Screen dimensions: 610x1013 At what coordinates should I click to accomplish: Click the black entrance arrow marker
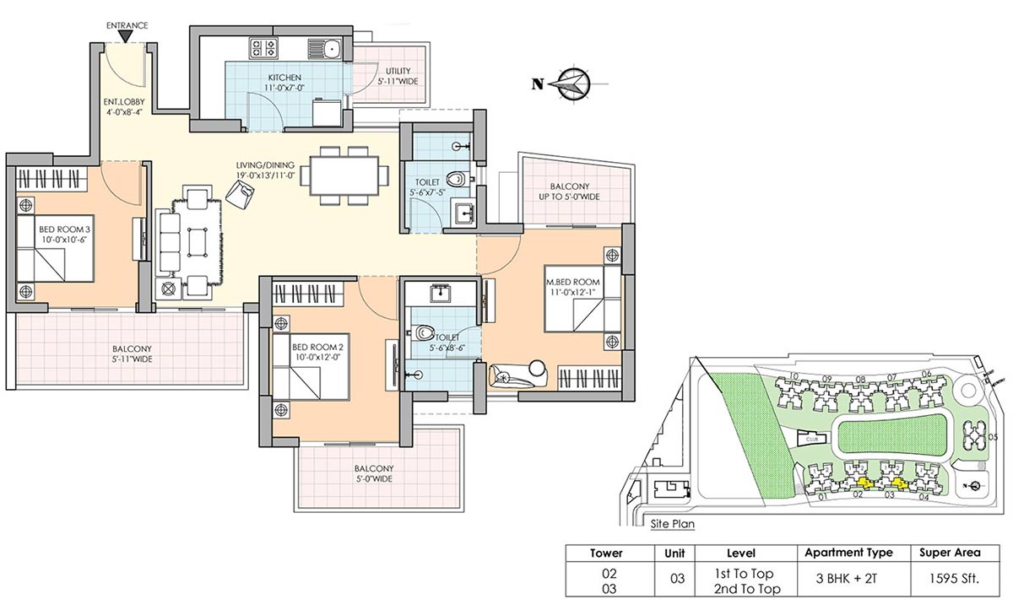coord(127,37)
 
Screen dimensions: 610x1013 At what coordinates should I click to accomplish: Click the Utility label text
coord(400,76)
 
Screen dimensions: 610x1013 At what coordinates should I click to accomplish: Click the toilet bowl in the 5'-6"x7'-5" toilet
coord(457,178)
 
